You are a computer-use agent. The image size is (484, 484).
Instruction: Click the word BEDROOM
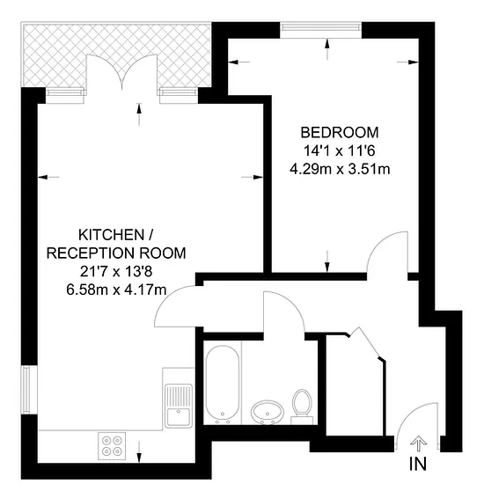pos(340,132)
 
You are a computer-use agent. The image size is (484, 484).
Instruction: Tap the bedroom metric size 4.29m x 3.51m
pos(340,169)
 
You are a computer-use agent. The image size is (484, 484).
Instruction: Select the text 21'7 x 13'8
pos(116,272)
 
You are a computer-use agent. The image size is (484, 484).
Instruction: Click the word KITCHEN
pos(112,235)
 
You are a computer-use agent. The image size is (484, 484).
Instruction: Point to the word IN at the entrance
pos(418,464)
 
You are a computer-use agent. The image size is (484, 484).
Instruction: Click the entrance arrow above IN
pos(418,444)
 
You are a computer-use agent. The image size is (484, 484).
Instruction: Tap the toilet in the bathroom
pos(302,407)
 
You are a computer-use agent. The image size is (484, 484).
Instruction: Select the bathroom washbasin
pos(268,412)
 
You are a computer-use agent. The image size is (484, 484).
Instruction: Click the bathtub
pos(223,385)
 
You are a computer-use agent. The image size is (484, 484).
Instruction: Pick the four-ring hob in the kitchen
pos(112,446)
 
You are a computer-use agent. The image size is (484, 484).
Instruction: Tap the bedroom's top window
pos(320,27)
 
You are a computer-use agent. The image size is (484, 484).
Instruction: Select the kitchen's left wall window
pos(26,390)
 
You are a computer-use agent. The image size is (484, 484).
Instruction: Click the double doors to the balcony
pos(122,71)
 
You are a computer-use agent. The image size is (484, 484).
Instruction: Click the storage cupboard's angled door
pos(368,342)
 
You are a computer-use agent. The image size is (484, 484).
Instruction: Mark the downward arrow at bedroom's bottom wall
pos(327,261)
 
